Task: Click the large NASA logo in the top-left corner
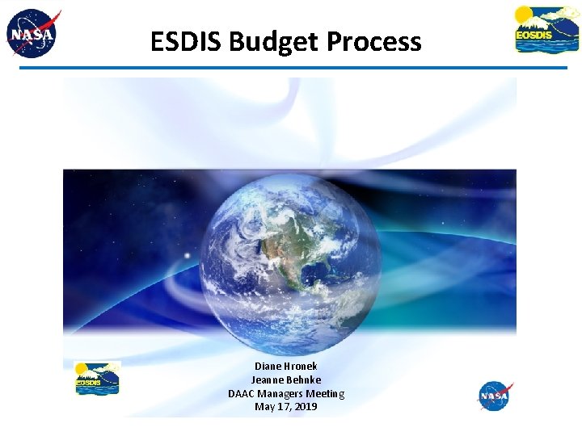pyautogui.click(x=33, y=34)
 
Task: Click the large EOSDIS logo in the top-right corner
pyautogui.click(x=546, y=30)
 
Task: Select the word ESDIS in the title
pyautogui.click(x=186, y=41)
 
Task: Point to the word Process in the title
pyautogui.click(x=374, y=41)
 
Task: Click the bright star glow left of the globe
pyautogui.click(x=187, y=257)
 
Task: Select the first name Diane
pyautogui.click(x=269, y=367)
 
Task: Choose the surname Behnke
pyautogui.click(x=305, y=380)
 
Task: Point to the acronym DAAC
pyautogui.click(x=242, y=394)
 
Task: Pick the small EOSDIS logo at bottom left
pyautogui.click(x=97, y=379)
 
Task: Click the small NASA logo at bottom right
pyautogui.click(x=494, y=396)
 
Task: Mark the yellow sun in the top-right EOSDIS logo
pyautogui.click(x=525, y=15)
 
